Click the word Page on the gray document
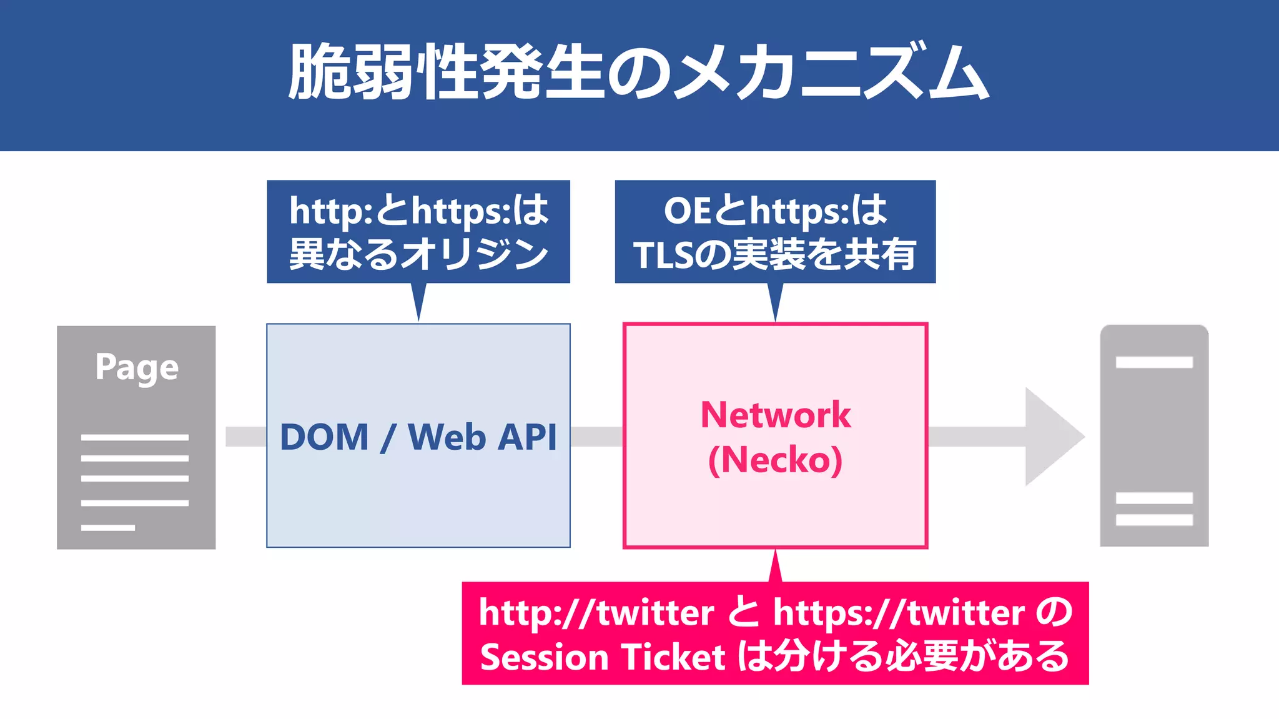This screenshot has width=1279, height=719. (x=137, y=367)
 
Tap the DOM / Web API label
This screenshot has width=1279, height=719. (x=418, y=437)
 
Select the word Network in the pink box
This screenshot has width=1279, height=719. (x=775, y=415)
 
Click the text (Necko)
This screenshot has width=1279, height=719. (x=775, y=460)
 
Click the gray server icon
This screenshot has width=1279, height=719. (x=1154, y=435)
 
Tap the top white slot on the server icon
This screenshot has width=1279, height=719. (x=1154, y=362)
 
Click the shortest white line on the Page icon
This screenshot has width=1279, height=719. (x=107, y=528)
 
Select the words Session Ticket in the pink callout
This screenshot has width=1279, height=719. (x=602, y=657)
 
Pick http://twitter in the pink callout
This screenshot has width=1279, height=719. (x=596, y=612)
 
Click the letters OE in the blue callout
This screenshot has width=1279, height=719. (x=687, y=211)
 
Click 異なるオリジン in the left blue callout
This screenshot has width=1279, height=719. (x=418, y=254)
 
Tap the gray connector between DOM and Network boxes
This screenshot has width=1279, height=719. (x=596, y=437)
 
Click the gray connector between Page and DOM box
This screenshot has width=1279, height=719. (x=245, y=437)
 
